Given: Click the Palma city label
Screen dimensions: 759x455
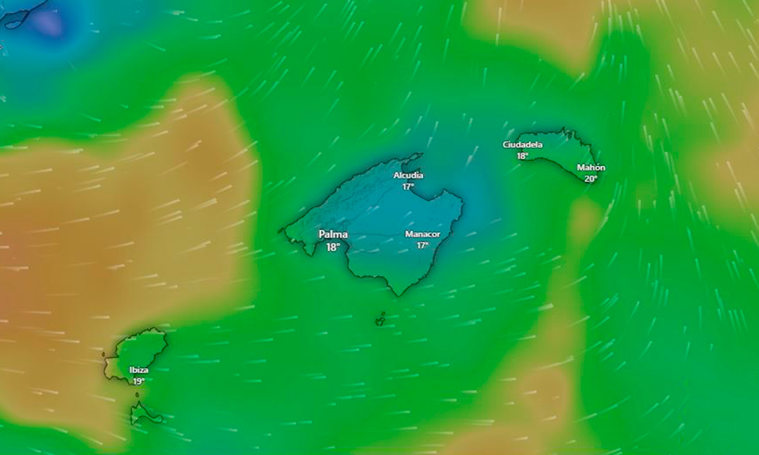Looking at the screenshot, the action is (x=333, y=235).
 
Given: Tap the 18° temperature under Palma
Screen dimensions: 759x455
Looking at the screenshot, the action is (x=333, y=247).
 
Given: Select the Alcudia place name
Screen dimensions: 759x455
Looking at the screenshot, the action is (x=408, y=175).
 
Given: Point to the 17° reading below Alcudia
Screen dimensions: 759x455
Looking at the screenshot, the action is (x=408, y=186).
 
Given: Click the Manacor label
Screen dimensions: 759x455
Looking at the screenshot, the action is (x=422, y=235).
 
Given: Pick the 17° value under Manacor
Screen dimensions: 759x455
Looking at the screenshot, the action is (x=422, y=246).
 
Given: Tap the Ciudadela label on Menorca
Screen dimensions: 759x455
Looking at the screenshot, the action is (x=523, y=144).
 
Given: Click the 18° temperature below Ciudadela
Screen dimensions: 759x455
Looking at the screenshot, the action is (x=522, y=155).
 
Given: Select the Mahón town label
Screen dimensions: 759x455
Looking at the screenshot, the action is (x=591, y=168).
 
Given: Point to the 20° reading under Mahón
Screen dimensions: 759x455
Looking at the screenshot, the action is (x=591, y=178).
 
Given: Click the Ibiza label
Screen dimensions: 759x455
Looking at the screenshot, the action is (x=139, y=370).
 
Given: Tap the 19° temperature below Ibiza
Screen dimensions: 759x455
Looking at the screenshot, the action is (x=139, y=381).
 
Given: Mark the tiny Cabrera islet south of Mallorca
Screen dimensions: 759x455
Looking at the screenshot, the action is (x=379, y=318).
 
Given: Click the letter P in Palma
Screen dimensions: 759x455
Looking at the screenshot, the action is (x=322, y=235).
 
